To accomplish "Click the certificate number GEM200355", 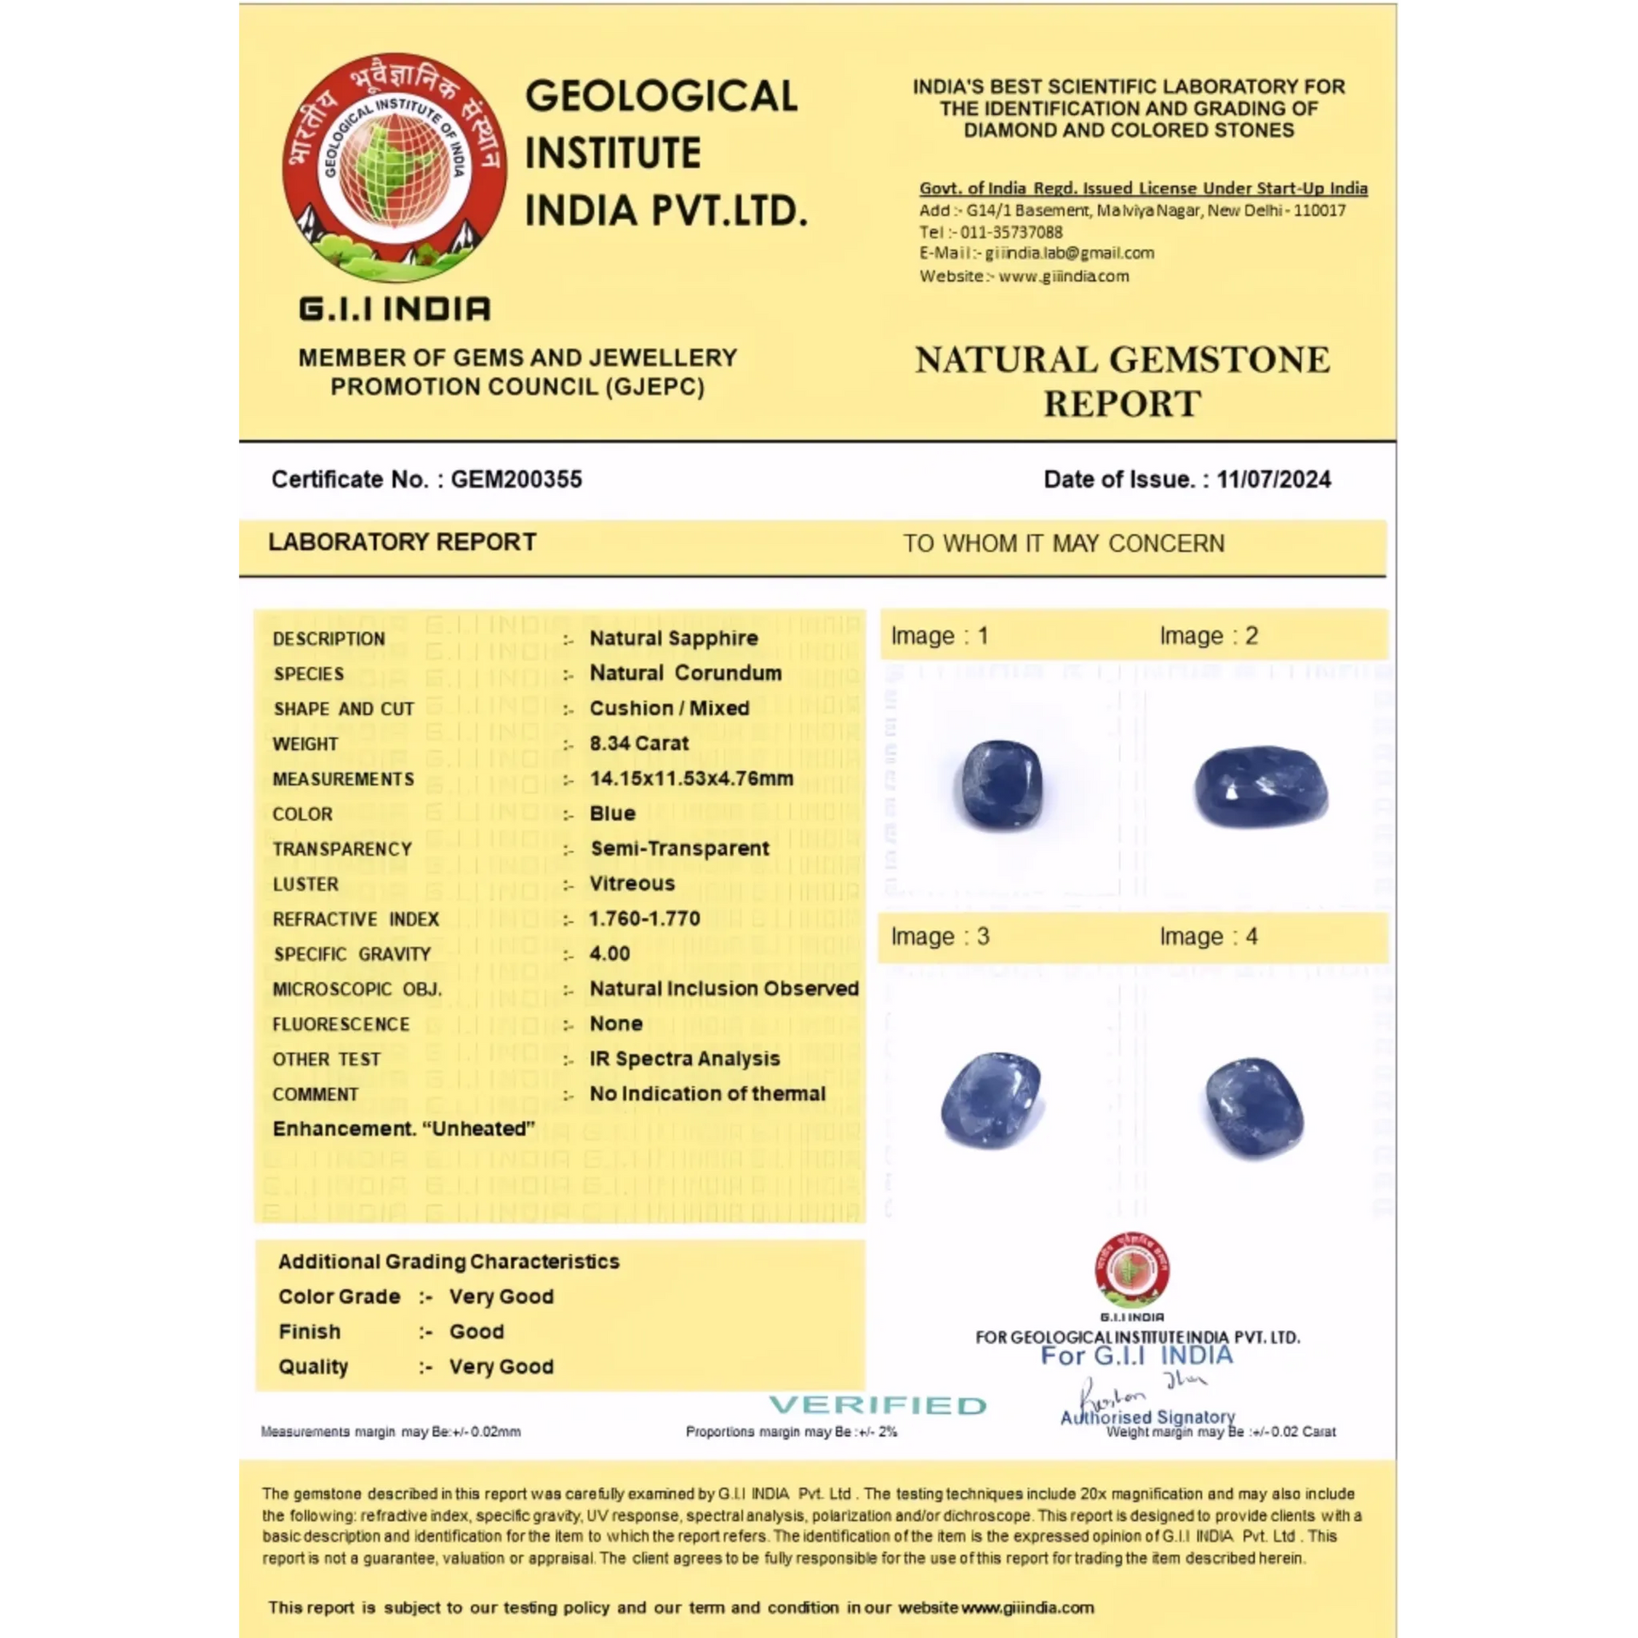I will click(x=516, y=479).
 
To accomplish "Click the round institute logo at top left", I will click(x=395, y=168).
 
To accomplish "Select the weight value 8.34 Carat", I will click(x=639, y=743).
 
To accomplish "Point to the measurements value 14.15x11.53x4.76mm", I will click(x=691, y=778).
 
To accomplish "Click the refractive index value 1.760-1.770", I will click(x=644, y=919).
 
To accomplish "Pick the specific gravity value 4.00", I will click(x=610, y=954).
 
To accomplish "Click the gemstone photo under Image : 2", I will click(x=1260, y=787).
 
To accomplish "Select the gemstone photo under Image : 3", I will click(x=991, y=1101).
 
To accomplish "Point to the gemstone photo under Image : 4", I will click(x=1254, y=1107).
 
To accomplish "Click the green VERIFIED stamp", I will click(x=878, y=1405).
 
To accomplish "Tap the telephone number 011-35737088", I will click(x=1011, y=232).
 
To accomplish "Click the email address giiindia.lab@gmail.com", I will click(x=1069, y=253).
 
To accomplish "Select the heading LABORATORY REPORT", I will click(x=402, y=543).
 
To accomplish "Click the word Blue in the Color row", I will click(x=613, y=814).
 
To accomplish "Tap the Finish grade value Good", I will click(x=476, y=1332).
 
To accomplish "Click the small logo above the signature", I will click(x=1132, y=1270).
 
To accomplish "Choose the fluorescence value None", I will click(x=616, y=1024).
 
